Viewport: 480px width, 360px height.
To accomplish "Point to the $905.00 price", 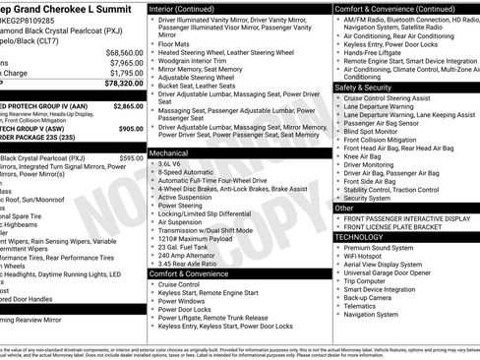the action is coord(131,128).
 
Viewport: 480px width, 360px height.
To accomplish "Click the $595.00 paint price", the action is coord(131,157).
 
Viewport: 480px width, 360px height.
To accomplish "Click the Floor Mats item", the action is coord(177,44).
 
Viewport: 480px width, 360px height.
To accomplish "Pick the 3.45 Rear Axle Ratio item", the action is coord(193,263).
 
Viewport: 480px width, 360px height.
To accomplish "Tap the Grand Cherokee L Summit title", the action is coord(69,8).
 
